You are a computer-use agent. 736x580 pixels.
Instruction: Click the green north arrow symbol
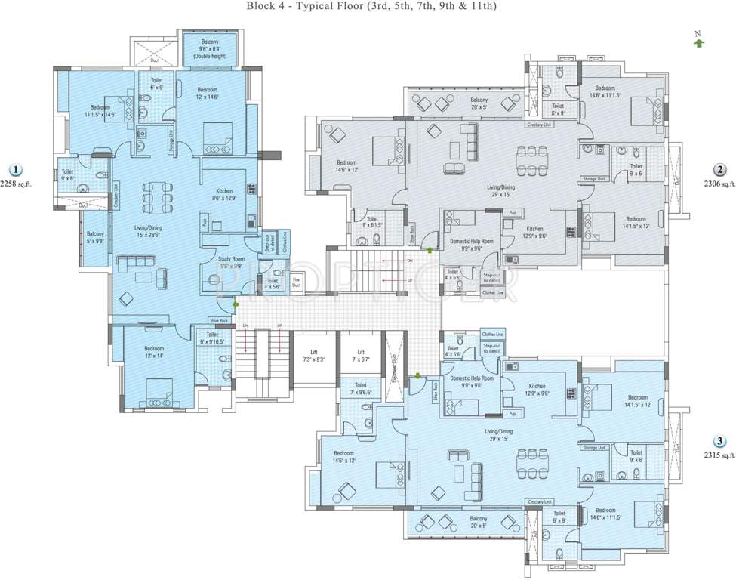click(699, 43)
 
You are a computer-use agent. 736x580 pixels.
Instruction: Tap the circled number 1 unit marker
click(15, 171)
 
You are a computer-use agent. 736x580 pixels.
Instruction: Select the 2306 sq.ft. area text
click(719, 184)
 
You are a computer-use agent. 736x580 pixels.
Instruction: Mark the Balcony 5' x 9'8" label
click(95, 238)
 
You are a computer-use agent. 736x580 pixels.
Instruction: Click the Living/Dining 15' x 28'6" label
click(149, 231)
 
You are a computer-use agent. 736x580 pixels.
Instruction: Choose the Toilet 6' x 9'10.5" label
click(212, 338)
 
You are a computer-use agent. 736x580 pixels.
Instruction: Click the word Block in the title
click(260, 6)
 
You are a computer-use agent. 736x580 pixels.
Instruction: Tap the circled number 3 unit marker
click(720, 442)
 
